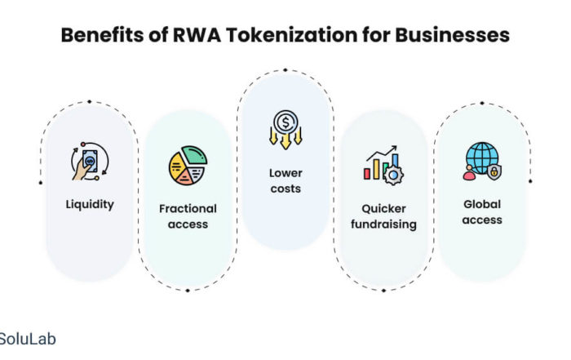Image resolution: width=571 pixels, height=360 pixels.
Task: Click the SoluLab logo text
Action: pyautogui.click(x=27, y=339)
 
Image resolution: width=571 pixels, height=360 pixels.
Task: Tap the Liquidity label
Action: pyautogui.click(x=90, y=204)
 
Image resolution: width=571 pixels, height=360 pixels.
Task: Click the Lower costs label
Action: pyautogui.click(x=285, y=180)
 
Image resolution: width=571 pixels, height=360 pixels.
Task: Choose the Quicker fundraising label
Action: pyautogui.click(x=382, y=215)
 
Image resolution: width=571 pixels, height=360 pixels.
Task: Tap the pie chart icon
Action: pyautogui.click(x=188, y=167)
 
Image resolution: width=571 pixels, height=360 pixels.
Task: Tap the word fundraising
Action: pyautogui.click(x=382, y=223)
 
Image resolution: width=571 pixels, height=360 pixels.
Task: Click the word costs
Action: pyautogui.click(x=285, y=189)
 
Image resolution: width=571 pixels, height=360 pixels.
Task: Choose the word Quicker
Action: pyautogui.click(x=382, y=207)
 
